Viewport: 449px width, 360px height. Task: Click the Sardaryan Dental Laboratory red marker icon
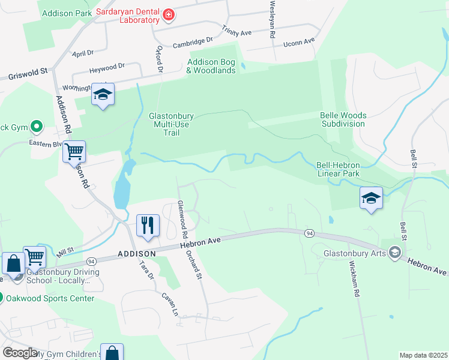(169, 15)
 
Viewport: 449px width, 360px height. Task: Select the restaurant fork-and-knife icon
(148, 226)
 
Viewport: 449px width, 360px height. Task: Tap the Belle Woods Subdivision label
(342, 119)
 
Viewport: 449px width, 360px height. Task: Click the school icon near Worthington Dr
(103, 94)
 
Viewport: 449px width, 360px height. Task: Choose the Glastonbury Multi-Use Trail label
(172, 124)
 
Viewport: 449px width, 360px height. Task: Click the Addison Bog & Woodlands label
(211, 66)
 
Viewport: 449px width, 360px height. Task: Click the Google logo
(20, 352)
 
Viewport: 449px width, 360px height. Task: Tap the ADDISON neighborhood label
(137, 254)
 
